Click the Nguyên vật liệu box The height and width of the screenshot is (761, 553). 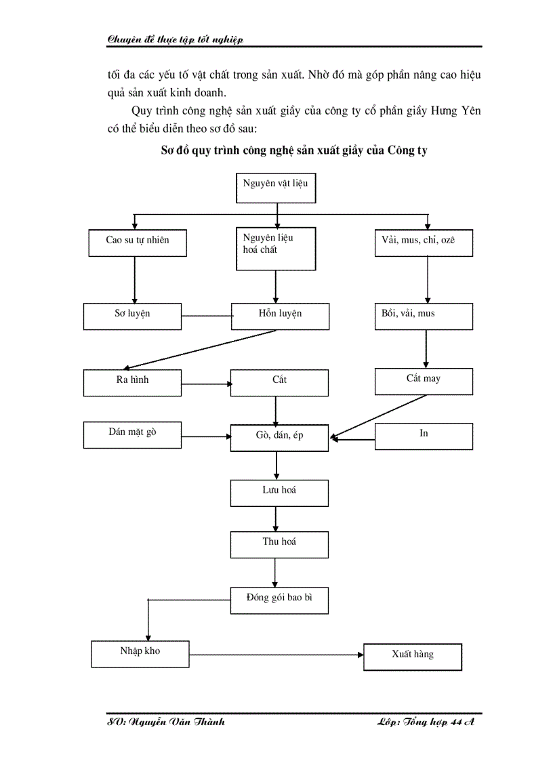pos(276,188)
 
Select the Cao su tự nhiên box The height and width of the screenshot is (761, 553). pos(138,243)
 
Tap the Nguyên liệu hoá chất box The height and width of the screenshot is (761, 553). pos(276,249)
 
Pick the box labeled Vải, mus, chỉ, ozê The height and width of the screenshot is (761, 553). pos(424,243)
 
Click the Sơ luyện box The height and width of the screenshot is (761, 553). pos(132,316)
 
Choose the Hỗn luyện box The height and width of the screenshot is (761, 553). pos(280,316)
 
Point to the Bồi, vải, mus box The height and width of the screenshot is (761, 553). pos(424,316)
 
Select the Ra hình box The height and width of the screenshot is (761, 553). pos(132,382)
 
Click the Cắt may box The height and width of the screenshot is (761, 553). pos(424,381)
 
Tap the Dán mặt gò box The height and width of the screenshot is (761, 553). pos(132,434)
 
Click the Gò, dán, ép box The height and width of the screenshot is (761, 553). pos(279,437)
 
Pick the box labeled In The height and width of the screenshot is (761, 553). pos(424,436)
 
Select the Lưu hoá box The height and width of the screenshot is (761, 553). pos(279,493)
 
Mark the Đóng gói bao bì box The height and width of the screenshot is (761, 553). pos(279,600)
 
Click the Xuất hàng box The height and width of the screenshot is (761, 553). pos(412,657)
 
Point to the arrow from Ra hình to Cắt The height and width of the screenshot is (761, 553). pos(206,384)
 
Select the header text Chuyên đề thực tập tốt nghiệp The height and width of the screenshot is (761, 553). pos(175,39)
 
